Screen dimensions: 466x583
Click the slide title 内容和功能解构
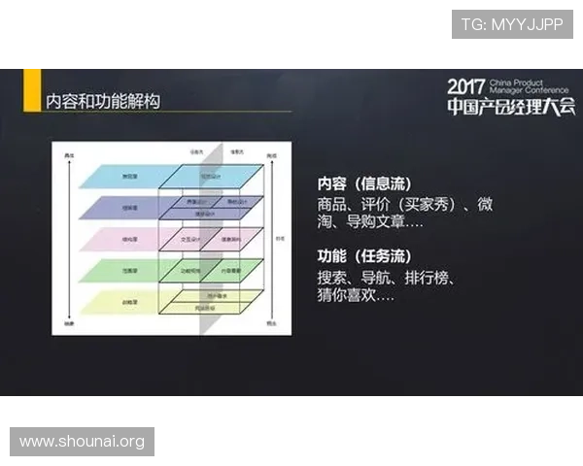point(103,101)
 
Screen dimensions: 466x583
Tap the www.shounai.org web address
point(82,442)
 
